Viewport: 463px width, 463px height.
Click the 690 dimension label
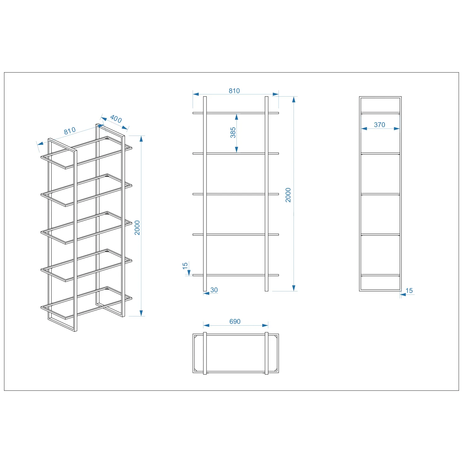pos(235,321)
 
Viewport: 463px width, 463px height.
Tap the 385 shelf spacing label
pos(233,132)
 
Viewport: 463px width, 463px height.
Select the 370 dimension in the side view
pos(379,125)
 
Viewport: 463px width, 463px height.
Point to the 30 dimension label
pos(214,290)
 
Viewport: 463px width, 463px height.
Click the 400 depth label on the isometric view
pos(116,119)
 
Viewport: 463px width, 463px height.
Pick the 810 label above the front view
pos(234,91)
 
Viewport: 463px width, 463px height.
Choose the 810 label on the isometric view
pos(70,131)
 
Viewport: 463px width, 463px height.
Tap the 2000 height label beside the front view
pos(288,195)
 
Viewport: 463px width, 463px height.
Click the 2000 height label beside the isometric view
pos(137,228)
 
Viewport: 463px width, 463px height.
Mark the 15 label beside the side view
pos(409,290)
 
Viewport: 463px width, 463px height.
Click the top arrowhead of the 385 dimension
pos(236,117)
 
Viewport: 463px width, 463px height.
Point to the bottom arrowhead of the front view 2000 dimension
pos(294,288)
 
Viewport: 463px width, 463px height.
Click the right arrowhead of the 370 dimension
pos(397,128)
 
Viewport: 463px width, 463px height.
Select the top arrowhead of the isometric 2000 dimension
pos(141,139)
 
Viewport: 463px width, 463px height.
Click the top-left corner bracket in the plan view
pos(195,336)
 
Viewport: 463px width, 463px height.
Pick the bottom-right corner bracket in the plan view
pos(276,369)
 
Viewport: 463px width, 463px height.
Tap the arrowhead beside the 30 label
pos(206,293)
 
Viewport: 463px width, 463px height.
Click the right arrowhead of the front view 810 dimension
pos(276,94)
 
